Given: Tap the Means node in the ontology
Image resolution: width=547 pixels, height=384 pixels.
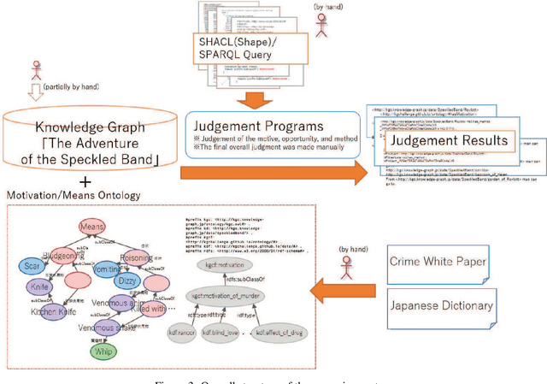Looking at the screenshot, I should [x=96, y=227].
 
